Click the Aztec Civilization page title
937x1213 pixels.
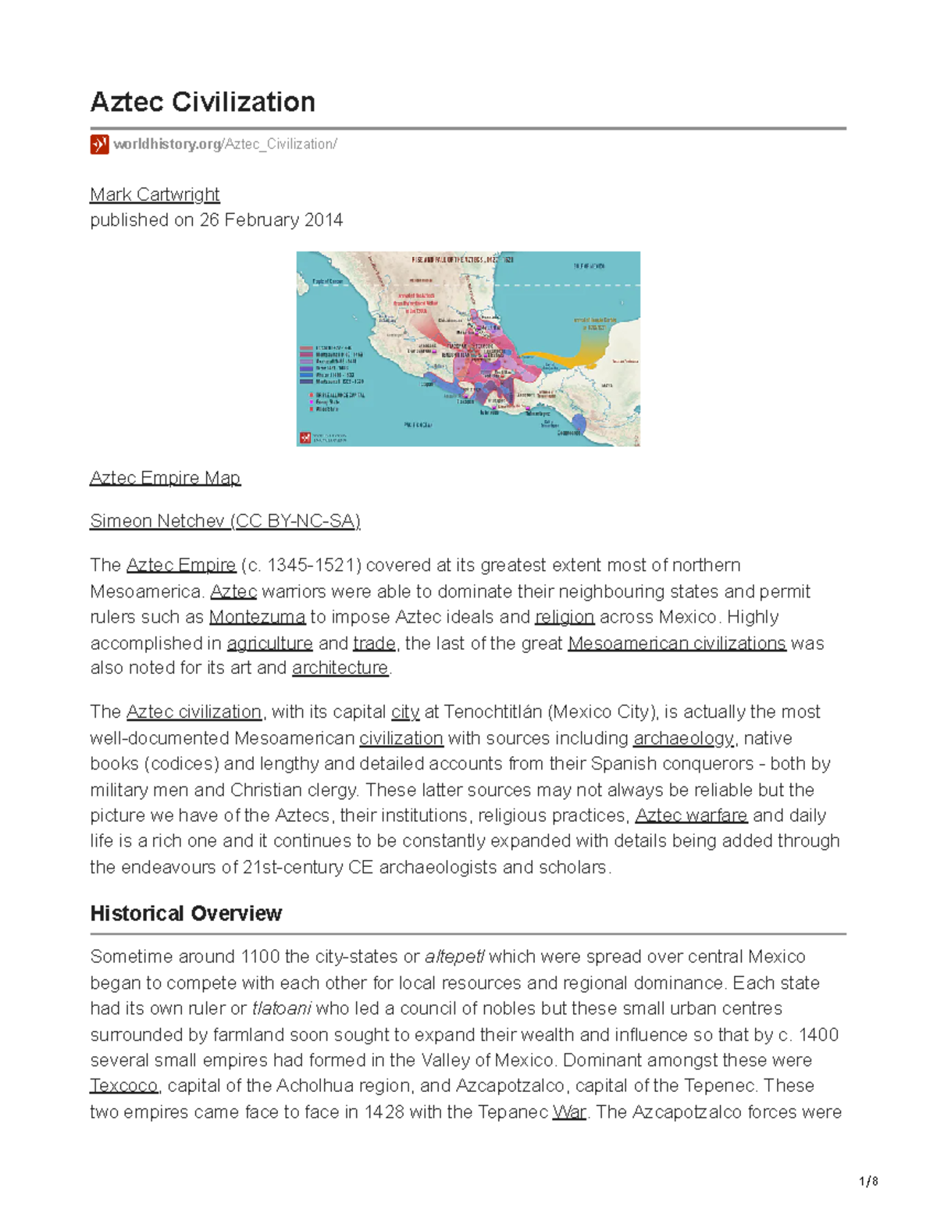[x=203, y=102]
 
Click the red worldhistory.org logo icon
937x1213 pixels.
[x=99, y=144]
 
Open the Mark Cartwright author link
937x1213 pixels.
[x=155, y=194]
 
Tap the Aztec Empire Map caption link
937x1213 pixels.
[x=165, y=478]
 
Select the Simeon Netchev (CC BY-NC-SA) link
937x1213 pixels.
[x=225, y=521]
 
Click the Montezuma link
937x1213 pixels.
[x=257, y=617]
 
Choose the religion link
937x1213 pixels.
[x=565, y=617]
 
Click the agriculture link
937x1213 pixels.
[x=269, y=644]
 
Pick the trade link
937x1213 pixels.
[x=374, y=644]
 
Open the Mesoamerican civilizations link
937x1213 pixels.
[x=676, y=644]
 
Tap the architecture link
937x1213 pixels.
[x=340, y=668]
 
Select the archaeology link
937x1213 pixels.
[x=683, y=738]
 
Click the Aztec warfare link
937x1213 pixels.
[x=691, y=815]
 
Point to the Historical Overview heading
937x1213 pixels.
[x=186, y=914]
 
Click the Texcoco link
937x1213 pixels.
[x=123, y=1086]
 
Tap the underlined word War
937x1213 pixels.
[x=568, y=1112]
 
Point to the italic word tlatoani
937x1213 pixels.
[x=281, y=1008]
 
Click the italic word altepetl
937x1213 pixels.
[x=454, y=957]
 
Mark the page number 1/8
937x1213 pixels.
[x=868, y=1182]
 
